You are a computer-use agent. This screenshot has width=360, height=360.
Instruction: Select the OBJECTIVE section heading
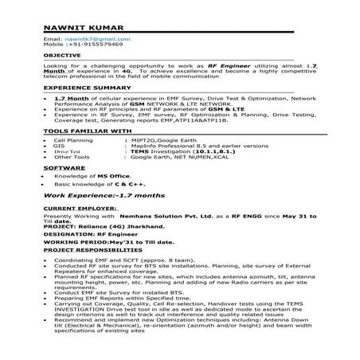pos(61,55)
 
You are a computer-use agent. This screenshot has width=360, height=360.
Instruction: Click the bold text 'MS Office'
pos(117,177)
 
